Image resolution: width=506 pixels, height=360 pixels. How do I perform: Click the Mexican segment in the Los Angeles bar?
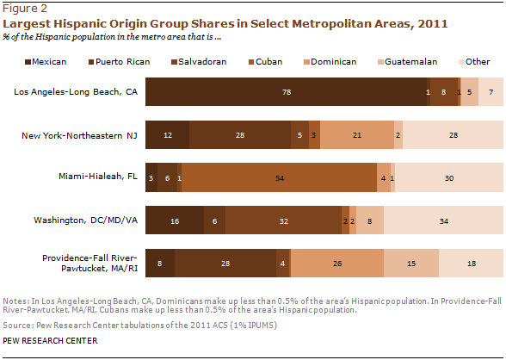pos(286,91)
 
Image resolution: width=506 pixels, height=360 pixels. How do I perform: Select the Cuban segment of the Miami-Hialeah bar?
pos(279,177)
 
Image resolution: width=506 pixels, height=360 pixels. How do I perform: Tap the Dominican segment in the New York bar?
pos(357,134)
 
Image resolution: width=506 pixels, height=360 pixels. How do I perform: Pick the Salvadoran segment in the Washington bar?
pos(283,220)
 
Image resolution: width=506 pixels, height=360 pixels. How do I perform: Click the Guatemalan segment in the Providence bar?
pos(411,264)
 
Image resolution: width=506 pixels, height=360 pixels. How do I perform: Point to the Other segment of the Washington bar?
pos(443,220)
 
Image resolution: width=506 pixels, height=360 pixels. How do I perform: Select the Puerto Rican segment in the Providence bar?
pos(225,264)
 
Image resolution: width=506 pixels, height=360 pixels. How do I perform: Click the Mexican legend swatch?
pos(28,62)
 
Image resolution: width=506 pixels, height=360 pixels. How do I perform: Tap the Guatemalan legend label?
pos(410,62)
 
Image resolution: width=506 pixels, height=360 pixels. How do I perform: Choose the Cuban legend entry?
pos(265,62)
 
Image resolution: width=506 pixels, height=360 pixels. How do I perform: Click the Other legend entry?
pos(474,62)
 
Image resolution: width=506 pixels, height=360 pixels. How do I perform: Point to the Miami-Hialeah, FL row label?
pos(98,177)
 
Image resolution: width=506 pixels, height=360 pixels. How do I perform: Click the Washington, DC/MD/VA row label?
pos(86,220)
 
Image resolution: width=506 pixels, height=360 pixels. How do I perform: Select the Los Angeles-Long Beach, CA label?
pos(76,92)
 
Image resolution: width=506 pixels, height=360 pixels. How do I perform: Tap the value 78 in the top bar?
pos(287,92)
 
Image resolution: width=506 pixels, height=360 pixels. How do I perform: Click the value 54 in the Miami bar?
pos(280,178)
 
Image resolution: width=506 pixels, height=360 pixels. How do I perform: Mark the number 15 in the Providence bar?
pos(411,264)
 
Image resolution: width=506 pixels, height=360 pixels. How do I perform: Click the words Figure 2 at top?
pos(25,9)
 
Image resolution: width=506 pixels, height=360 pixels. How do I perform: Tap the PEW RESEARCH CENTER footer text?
pos(50,341)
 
